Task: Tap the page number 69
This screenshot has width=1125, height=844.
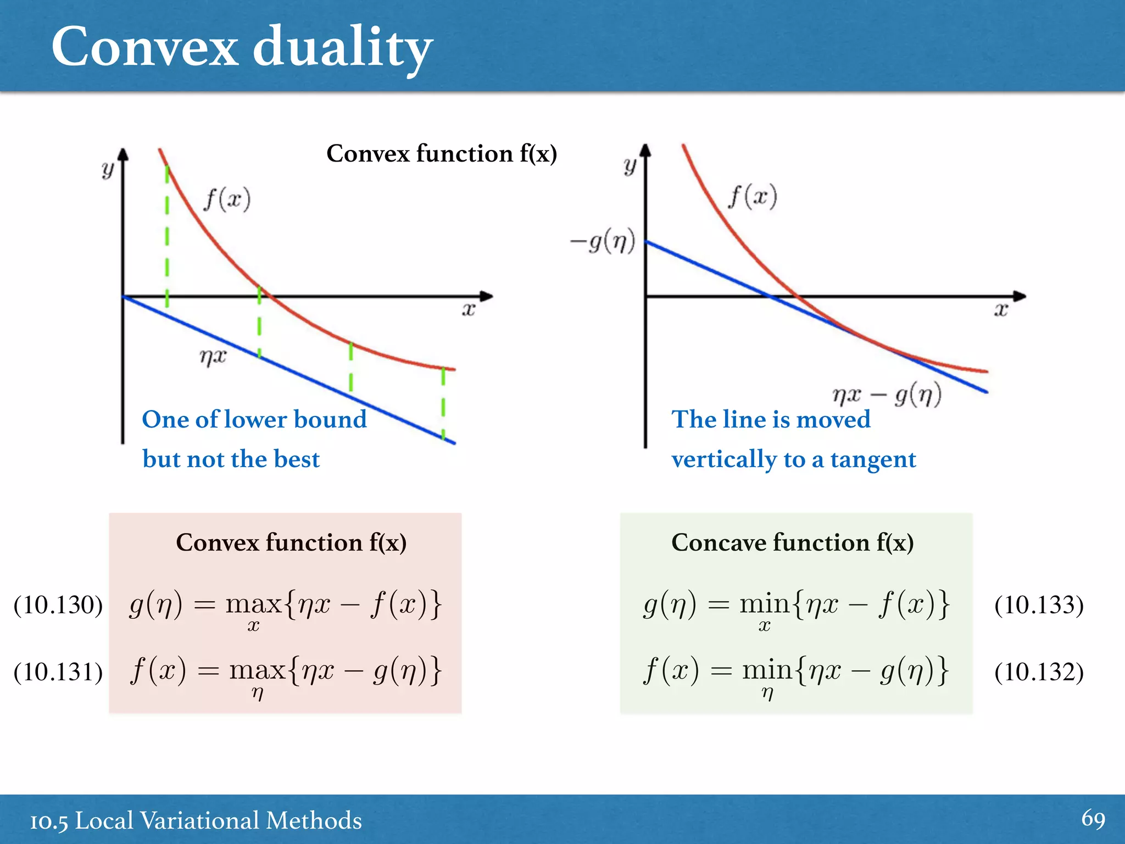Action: (1093, 819)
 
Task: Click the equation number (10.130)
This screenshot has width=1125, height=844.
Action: (58, 605)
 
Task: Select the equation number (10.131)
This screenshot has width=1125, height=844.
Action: (58, 672)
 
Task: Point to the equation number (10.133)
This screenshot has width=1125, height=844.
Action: (1039, 605)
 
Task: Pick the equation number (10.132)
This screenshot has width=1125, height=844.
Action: (1039, 672)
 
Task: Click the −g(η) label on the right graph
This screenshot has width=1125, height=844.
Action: (603, 241)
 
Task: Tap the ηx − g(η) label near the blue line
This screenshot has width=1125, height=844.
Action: (887, 395)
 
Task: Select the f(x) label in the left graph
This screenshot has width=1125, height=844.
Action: (227, 199)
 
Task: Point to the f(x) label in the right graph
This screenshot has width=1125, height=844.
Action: (753, 197)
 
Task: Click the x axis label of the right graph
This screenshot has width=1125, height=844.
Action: (1001, 310)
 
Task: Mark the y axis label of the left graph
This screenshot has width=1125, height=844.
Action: (108, 169)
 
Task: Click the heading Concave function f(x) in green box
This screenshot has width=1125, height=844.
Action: (792, 543)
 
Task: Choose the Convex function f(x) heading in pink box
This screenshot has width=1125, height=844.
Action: (291, 543)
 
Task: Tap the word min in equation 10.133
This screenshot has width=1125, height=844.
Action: (765, 604)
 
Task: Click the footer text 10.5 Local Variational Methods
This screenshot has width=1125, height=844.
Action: (196, 820)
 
